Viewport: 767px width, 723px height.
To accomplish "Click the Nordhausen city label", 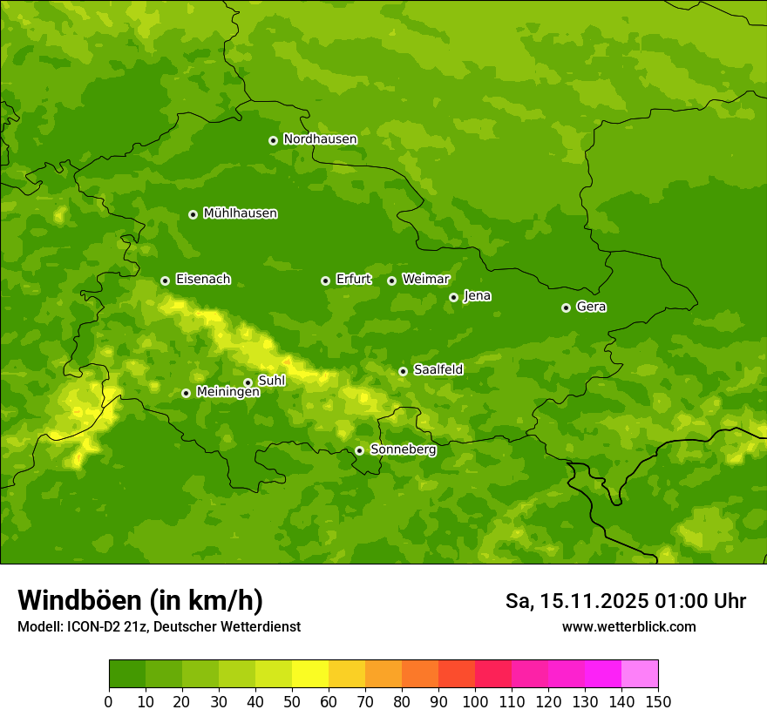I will point(320,139).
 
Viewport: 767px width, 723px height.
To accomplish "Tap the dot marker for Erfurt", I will point(325,280).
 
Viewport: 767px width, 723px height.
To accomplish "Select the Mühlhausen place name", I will point(240,213).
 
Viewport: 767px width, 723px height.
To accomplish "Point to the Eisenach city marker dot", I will point(165,280).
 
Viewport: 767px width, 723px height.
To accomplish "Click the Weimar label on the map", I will point(425,280).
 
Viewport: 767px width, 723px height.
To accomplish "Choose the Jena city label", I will point(477,296).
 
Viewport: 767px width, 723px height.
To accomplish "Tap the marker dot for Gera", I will point(566,307).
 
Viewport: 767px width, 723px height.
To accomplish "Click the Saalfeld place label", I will point(438,370).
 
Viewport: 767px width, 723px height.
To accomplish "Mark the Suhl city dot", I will point(248,382).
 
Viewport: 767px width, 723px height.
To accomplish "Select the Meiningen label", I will point(227,392).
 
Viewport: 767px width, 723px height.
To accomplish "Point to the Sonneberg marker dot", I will point(359,450).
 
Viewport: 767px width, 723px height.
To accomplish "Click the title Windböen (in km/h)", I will point(139,600).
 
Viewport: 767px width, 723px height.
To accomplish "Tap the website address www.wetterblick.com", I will point(628,626).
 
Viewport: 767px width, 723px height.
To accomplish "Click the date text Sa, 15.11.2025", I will point(577,601).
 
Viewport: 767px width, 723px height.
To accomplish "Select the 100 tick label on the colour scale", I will point(475,701).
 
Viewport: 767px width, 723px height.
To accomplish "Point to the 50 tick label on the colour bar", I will point(292,701).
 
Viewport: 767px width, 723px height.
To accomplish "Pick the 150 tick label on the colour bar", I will point(658,701).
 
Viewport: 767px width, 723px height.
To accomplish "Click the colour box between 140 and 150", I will point(640,674).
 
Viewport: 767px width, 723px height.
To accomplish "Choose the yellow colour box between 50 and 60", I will point(310,674).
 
